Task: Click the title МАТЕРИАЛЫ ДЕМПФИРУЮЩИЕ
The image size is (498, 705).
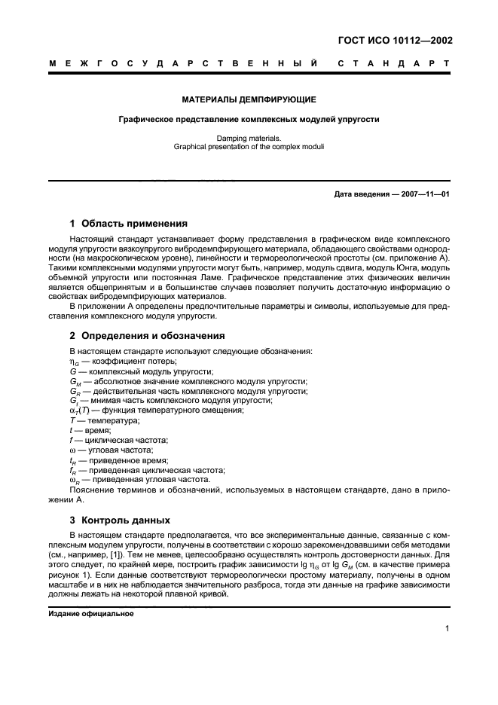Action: [x=249, y=99]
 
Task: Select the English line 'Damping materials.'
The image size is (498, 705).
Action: [x=249, y=139]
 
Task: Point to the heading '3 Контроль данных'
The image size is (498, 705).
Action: [x=120, y=520]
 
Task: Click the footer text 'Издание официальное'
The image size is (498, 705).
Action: [x=91, y=613]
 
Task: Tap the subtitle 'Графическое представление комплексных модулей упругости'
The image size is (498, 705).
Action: [x=249, y=120]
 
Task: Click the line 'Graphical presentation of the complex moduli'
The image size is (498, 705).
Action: [x=249, y=147]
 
